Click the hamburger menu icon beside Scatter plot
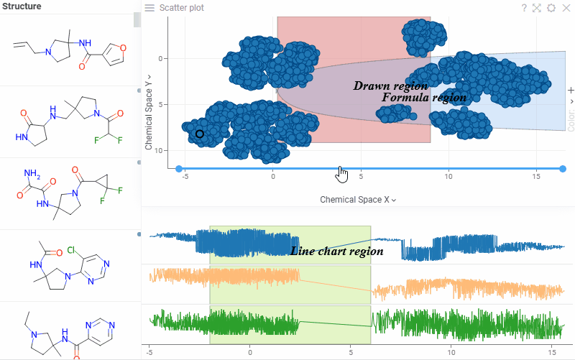149,8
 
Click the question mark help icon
525,8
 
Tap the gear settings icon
551,8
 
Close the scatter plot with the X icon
564,8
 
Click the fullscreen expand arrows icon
537,8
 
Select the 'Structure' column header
22,6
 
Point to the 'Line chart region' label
336,251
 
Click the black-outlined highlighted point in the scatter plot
199,134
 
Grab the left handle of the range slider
179,169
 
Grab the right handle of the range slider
563,169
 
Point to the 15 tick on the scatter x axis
536,176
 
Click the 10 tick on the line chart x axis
452,352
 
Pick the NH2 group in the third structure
31,174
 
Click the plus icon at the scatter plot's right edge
571,91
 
